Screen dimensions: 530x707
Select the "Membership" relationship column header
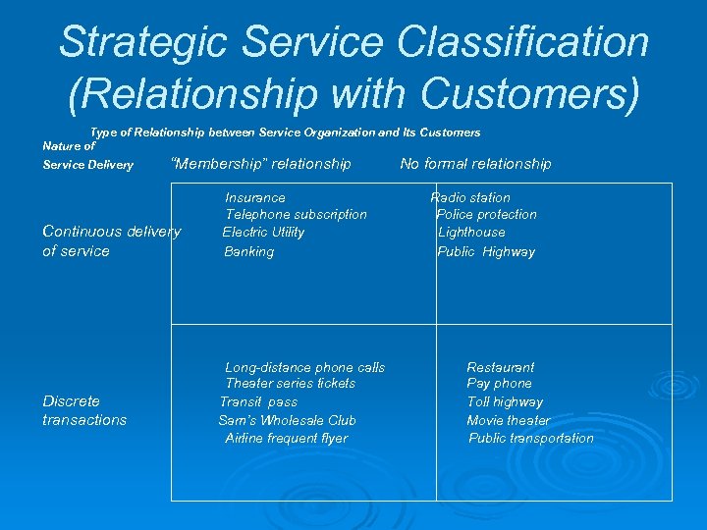pyautogui.click(x=261, y=164)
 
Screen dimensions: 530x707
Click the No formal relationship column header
pyautogui.click(x=475, y=164)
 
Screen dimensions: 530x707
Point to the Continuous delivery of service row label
pyautogui.click(x=111, y=241)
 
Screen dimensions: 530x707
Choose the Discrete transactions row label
pyautogui.click(x=84, y=410)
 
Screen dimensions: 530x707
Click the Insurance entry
pyautogui.click(x=255, y=197)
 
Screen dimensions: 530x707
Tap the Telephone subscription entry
pyautogui.click(x=296, y=214)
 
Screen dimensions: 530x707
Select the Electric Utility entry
pyautogui.click(x=263, y=232)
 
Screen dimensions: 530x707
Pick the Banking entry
pyautogui.click(x=249, y=251)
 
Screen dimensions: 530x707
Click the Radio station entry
pyautogui.click(x=470, y=197)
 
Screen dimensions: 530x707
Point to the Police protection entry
pyautogui.click(x=486, y=214)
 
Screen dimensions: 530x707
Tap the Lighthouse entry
pyautogui.click(x=471, y=232)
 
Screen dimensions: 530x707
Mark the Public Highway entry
pyautogui.click(x=486, y=251)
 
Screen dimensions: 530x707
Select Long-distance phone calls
pyautogui.click(x=304, y=367)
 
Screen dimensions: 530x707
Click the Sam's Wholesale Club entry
pyautogui.click(x=287, y=420)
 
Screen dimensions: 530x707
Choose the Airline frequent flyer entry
pyautogui.click(x=286, y=438)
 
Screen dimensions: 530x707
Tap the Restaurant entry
pyautogui.click(x=501, y=367)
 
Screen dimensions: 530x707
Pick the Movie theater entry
pyautogui.click(x=508, y=420)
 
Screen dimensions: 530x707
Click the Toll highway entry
pyautogui.click(x=505, y=401)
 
